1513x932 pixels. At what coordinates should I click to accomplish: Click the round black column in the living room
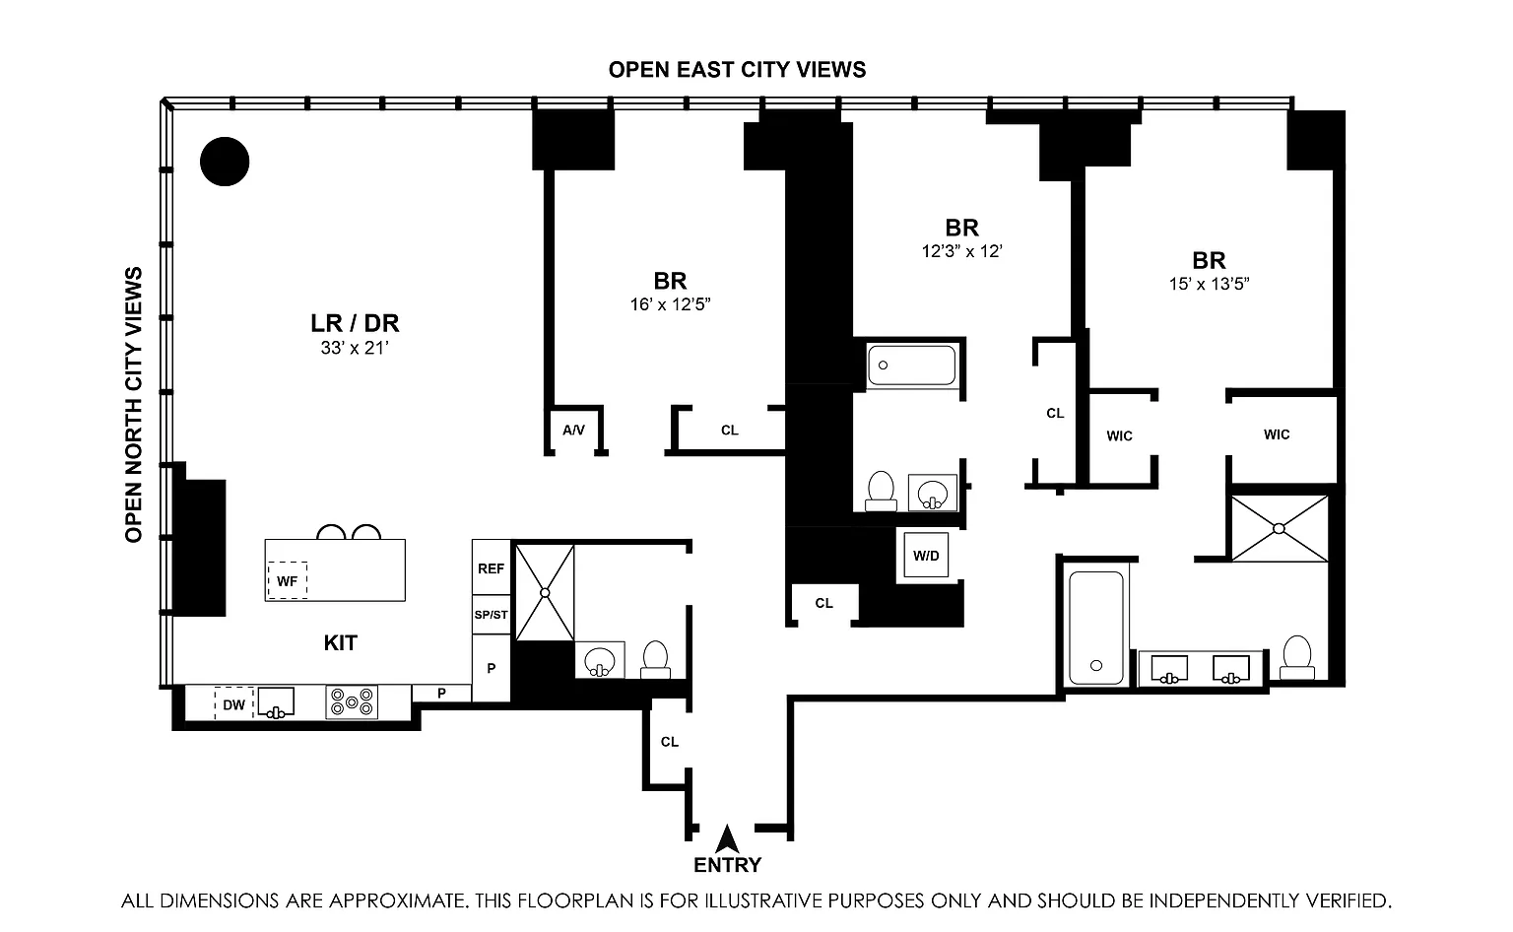pyautogui.click(x=225, y=162)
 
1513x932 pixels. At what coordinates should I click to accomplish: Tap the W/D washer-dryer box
pyautogui.click(x=926, y=555)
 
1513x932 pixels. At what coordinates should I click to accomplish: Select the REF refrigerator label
pyautogui.click(x=492, y=568)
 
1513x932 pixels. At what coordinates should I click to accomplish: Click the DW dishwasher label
pyautogui.click(x=233, y=705)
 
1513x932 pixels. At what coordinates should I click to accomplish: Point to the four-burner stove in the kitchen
pyautogui.click(x=352, y=701)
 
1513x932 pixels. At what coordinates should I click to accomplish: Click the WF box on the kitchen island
pyautogui.click(x=287, y=581)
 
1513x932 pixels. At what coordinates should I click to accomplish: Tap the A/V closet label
pyautogui.click(x=573, y=430)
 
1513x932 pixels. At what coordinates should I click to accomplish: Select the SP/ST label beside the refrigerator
pyautogui.click(x=492, y=615)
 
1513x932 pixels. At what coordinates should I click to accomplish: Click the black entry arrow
pyautogui.click(x=727, y=838)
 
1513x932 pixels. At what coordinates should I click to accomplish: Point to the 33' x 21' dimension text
pyautogui.click(x=355, y=348)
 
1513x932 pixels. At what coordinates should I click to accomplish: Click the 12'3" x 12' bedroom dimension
pyautogui.click(x=961, y=251)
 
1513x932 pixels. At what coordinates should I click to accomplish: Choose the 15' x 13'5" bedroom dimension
pyautogui.click(x=1209, y=284)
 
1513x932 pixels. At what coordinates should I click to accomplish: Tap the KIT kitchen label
pyautogui.click(x=341, y=643)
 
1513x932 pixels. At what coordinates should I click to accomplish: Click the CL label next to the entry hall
pyautogui.click(x=670, y=742)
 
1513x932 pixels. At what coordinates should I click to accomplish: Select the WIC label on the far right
pyautogui.click(x=1277, y=434)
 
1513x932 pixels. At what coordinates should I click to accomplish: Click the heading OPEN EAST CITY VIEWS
pyautogui.click(x=737, y=70)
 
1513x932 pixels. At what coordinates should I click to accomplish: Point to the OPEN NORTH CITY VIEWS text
pyautogui.click(x=134, y=405)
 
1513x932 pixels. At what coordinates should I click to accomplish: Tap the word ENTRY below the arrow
pyautogui.click(x=728, y=864)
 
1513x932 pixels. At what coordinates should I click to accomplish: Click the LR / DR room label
pyautogui.click(x=355, y=323)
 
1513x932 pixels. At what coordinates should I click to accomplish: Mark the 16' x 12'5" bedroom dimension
pyautogui.click(x=670, y=304)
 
